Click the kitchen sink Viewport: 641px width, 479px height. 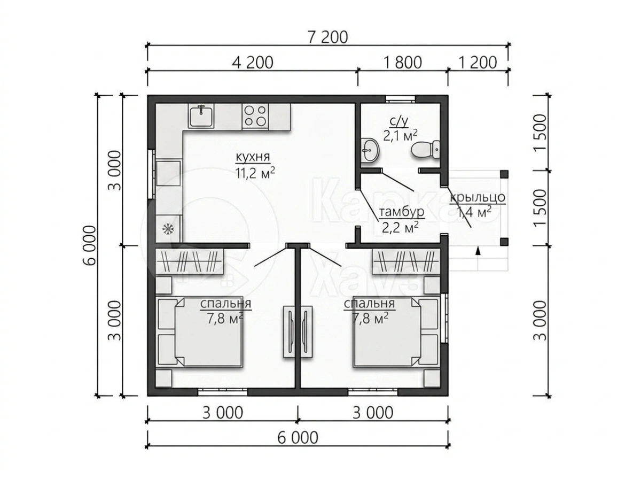(201, 116)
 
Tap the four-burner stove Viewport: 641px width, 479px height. (255, 116)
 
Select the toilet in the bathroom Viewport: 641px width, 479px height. (425, 149)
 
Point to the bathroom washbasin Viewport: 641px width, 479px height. (370, 150)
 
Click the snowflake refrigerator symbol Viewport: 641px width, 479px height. (168, 228)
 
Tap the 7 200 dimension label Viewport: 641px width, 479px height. (328, 37)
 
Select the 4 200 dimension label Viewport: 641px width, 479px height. (253, 63)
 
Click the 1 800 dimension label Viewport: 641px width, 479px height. (402, 63)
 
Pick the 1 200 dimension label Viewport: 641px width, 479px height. (477, 63)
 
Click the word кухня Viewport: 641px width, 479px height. (253, 157)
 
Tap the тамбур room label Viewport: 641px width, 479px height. (402, 212)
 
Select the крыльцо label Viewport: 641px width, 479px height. (477, 198)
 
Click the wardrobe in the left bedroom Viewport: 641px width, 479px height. (190, 261)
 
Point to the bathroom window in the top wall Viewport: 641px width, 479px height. (401, 99)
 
